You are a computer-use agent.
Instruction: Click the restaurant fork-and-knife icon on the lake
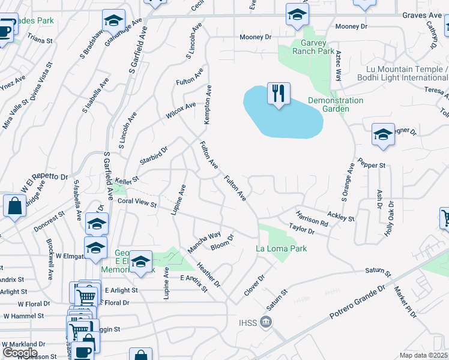click(279, 94)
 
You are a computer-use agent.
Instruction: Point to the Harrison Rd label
click(312, 218)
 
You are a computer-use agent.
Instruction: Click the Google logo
click(20, 353)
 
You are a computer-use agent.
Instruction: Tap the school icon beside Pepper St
click(383, 135)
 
